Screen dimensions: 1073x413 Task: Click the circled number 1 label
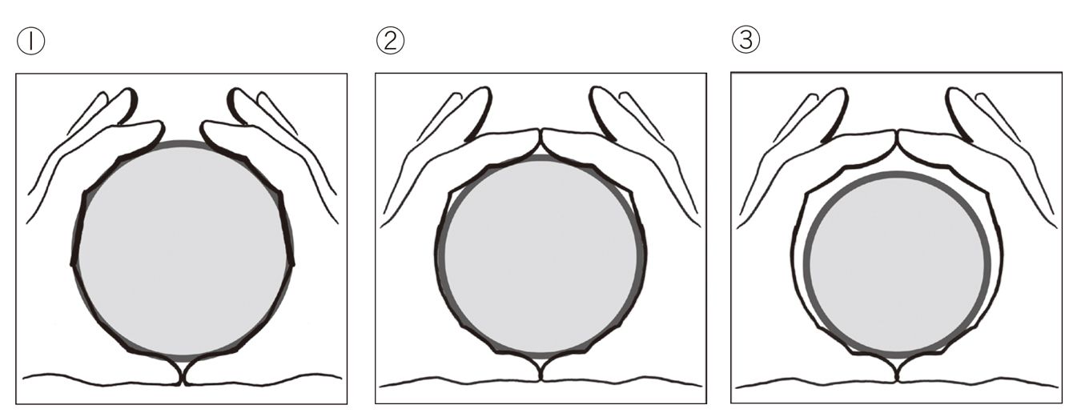30,41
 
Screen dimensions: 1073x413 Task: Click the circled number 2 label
390,41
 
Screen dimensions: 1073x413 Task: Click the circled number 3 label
745,38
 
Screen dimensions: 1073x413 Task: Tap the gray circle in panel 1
183,251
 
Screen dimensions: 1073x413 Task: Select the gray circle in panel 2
541,256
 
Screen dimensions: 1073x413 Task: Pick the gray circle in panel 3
896,265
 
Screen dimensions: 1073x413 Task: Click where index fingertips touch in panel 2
541,135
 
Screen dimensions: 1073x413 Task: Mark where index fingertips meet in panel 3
897,137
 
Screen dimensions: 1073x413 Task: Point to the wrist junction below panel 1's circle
183,378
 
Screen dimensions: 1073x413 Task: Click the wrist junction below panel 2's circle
541,375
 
